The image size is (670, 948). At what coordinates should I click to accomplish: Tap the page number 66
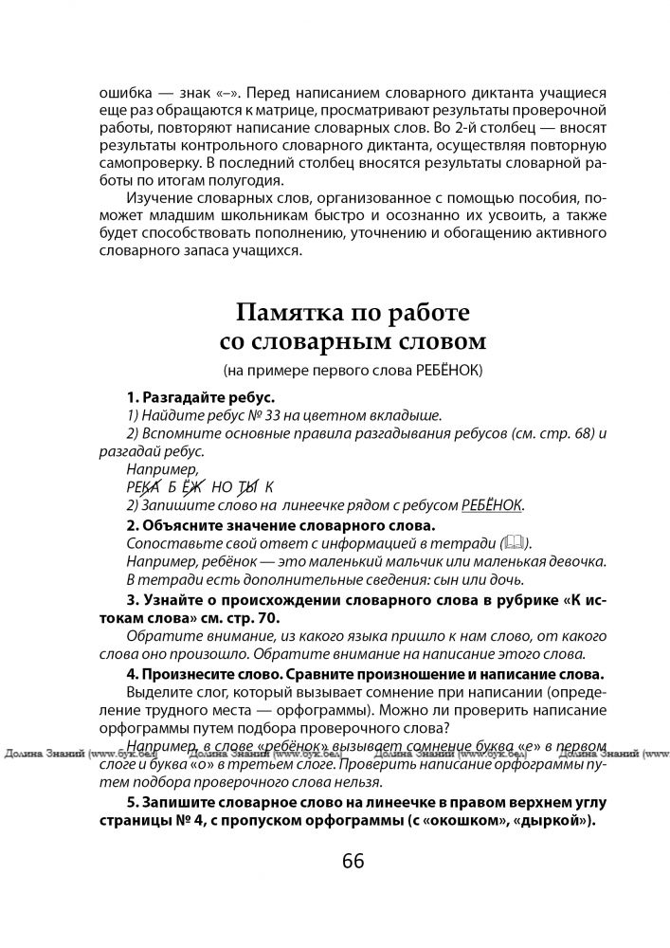353,861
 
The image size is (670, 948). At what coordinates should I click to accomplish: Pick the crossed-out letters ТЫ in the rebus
247,486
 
